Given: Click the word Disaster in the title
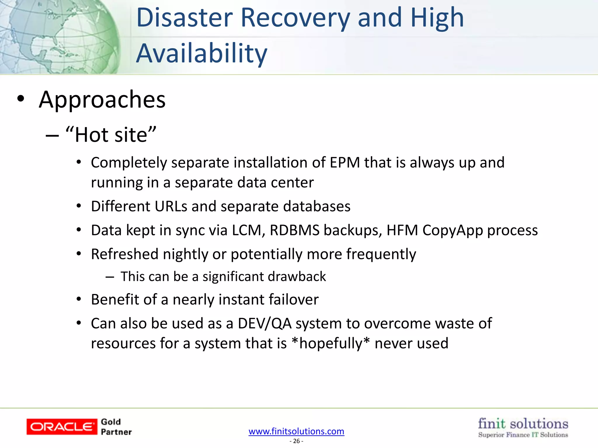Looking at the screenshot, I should coord(185,18).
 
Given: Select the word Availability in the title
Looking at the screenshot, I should coord(201,54).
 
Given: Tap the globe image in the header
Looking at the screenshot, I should coord(58,36).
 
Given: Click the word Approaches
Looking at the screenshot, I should coord(102,100).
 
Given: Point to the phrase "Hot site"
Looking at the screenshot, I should coord(111,135).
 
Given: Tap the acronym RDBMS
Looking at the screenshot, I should coord(295,230).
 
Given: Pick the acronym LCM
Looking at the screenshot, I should coord(248,230).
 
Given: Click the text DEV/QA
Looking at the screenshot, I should coord(265,323).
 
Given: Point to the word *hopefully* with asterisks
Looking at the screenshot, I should coord(331,343).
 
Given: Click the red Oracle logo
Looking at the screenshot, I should coord(62,427).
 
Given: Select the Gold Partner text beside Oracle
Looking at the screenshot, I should coord(116,427).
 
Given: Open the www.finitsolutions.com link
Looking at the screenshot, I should coord(296,431).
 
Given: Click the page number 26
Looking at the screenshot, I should coord(296,441).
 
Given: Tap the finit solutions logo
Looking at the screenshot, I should coord(523,427).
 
